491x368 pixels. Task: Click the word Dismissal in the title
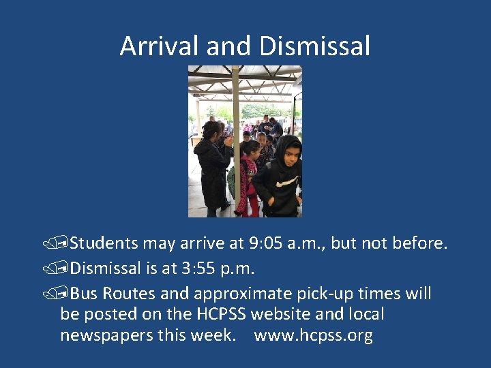(x=314, y=46)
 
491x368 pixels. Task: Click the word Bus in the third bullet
(x=84, y=294)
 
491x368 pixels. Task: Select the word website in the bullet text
(x=286, y=315)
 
